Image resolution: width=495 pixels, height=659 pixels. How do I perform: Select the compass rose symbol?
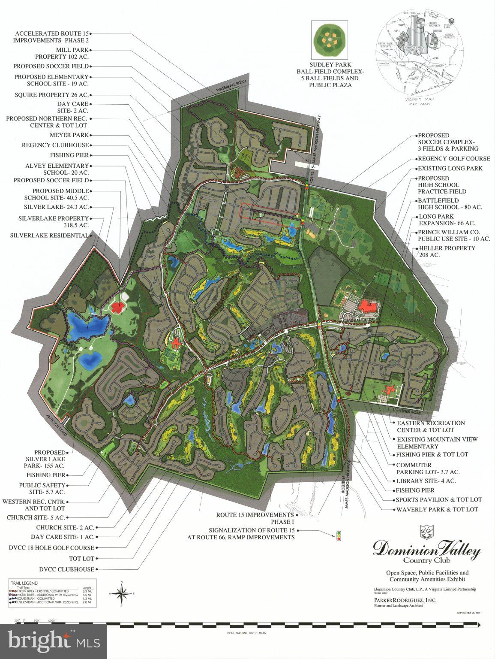[122, 594]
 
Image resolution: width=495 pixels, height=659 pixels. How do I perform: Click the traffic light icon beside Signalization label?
[339, 536]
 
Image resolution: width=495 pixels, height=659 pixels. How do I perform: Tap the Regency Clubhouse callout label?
[55, 145]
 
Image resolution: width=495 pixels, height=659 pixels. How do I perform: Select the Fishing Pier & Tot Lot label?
[432, 454]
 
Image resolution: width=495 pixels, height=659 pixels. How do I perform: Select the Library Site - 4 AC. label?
[426, 481]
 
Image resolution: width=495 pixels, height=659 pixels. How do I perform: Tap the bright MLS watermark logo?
[54, 641]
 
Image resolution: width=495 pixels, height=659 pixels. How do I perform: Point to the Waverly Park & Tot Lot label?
[437, 509]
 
